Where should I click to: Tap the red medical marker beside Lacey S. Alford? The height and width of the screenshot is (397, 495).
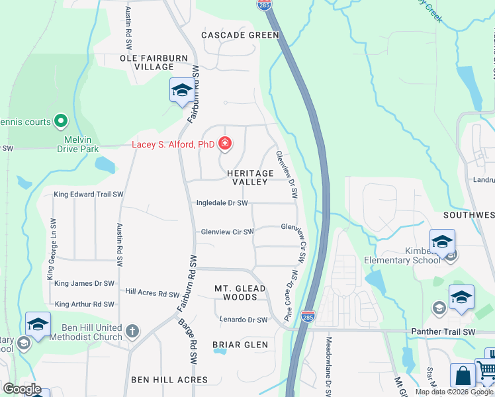point(225,144)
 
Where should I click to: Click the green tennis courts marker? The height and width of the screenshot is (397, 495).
point(61,120)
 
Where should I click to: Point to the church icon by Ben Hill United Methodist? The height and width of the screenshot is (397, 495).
point(132,331)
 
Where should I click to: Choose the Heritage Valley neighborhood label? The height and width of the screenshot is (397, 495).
point(250,177)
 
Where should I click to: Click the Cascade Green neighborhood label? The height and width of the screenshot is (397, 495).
point(240,34)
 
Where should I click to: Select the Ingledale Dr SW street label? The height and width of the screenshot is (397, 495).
point(222,203)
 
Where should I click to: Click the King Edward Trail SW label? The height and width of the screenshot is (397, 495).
point(89,195)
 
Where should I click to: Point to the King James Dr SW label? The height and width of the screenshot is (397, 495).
point(85,283)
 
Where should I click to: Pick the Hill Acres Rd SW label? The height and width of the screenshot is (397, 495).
point(152,294)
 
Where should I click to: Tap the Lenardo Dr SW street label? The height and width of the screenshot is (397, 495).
point(244,320)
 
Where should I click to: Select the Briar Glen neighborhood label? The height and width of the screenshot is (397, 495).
point(240,345)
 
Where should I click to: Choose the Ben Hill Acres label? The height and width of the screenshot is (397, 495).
point(169,380)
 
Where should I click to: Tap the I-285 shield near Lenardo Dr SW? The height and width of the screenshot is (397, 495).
point(308,316)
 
